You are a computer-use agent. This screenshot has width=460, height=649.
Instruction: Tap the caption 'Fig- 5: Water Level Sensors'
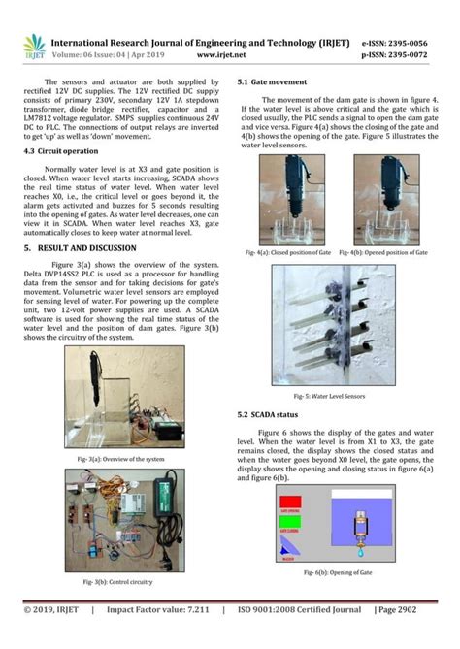[x=329, y=397]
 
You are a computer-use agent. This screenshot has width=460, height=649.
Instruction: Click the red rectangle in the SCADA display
[x=292, y=503]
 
